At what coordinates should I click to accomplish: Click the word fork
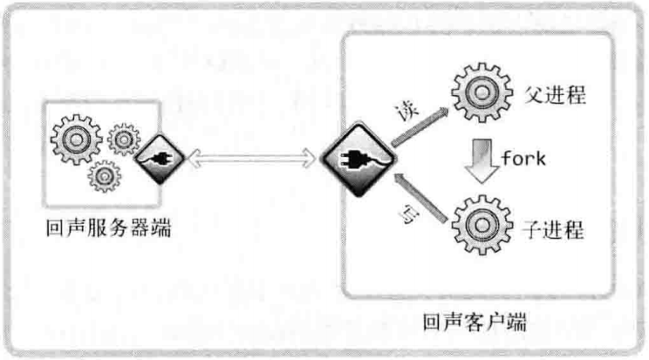click(x=523, y=160)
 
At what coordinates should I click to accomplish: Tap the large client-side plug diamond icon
click(x=356, y=160)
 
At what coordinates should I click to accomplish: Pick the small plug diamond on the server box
click(x=155, y=158)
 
